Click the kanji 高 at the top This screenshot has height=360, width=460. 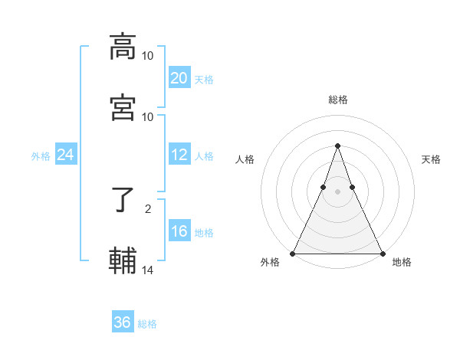[x=123, y=46]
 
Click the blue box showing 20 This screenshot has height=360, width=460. [x=179, y=78]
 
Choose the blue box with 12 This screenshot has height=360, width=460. [x=179, y=155]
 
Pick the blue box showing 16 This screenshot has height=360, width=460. [x=179, y=231]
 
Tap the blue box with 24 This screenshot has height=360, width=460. [x=66, y=155]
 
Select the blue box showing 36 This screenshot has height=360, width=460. [x=122, y=322]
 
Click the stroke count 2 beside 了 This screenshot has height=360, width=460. [x=148, y=208]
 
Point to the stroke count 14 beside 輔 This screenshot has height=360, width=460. [x=148, y=269]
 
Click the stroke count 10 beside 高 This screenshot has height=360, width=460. [x=148, y=55]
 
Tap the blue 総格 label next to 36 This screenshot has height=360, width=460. [x=147, y=324]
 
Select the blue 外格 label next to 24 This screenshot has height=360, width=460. [x=41, y=156]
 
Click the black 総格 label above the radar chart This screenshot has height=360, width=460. [x=337, y=100]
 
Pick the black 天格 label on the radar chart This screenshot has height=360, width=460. [x=431, y=159]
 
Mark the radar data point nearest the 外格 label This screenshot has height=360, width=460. [x=293, y=253]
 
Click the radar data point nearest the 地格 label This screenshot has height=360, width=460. [x=382, y=253]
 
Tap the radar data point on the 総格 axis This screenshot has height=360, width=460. [x=337, y=146]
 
